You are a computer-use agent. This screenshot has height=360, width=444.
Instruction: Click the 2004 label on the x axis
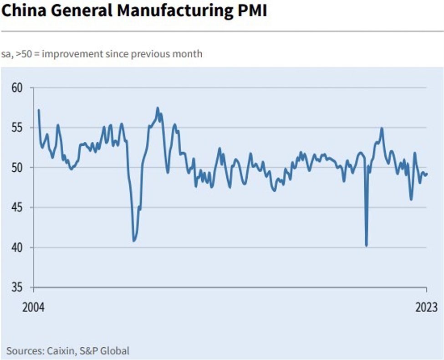34,307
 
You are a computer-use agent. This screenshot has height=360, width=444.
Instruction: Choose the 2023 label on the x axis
426,307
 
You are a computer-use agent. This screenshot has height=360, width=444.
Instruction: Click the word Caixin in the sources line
61,351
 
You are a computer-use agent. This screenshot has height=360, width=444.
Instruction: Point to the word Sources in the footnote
24,351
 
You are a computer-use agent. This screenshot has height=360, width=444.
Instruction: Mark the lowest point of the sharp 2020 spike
367,246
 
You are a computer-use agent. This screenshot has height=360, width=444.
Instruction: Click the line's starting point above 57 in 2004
39,110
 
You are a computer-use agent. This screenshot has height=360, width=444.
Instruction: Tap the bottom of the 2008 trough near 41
134,241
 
